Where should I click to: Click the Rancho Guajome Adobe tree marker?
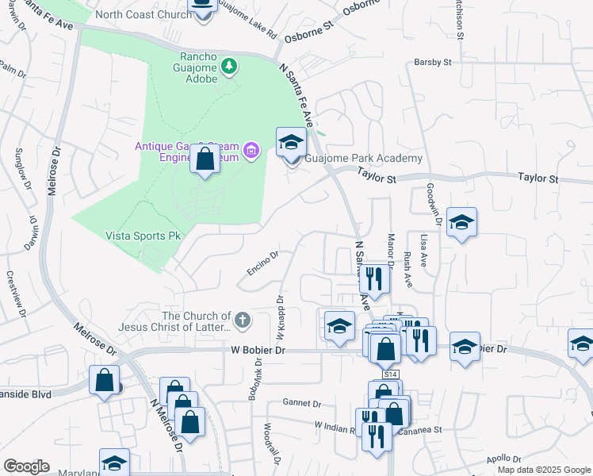229,65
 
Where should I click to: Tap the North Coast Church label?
143,15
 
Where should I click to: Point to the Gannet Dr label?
305,404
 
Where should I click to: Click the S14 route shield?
389,374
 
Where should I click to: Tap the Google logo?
26,466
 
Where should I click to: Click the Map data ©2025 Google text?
543,470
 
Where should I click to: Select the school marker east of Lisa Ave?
461,223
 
